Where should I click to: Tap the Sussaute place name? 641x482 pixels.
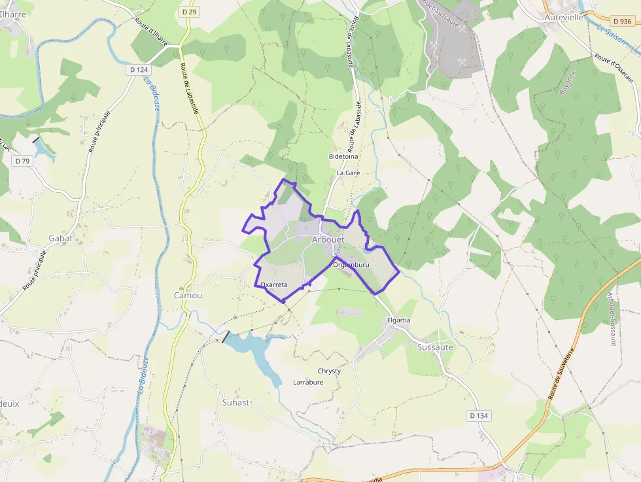tap(435, 347)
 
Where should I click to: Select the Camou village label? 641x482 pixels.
tap(188, 295)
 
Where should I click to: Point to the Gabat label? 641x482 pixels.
tap(60, 238)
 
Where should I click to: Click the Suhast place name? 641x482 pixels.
tap(235, 402)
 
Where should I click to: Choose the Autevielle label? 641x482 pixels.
tap(564, 18)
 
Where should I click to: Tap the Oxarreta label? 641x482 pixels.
tap(274, 285)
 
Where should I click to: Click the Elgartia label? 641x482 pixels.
tap(399, 320)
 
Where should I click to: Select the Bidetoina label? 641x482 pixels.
tap(343, 157)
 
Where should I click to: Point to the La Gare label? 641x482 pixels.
tap(348, 173)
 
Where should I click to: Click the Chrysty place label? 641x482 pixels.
tap(329, 371)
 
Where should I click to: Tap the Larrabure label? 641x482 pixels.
tap(308, 382)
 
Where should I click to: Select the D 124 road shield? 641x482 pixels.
tap(139, 69)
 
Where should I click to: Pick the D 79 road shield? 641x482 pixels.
tap(22, 161)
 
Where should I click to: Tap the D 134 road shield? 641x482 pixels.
tap(479, 416)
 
